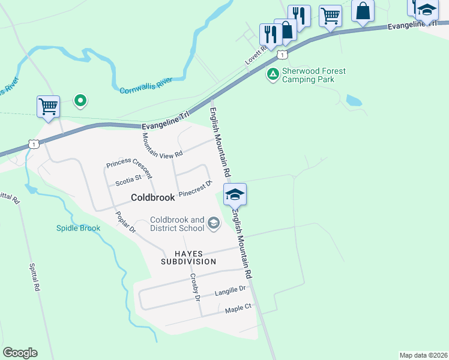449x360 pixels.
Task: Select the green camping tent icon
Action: (273, 74)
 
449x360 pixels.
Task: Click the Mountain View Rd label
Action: (162, 145)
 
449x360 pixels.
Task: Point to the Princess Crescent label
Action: (129, 170)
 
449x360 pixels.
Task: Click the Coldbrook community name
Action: (152, 197)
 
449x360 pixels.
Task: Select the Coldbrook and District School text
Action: (177, 224)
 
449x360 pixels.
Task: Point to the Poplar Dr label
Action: (126, 223)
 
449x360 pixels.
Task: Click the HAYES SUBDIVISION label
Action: (188, 257)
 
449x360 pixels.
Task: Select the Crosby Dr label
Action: (194, 287)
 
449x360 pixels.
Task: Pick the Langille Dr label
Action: (231, 291)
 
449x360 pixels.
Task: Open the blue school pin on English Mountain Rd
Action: (235, 194)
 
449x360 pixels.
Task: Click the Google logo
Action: (20, 352)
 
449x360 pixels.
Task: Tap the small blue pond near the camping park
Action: (354, 100)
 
